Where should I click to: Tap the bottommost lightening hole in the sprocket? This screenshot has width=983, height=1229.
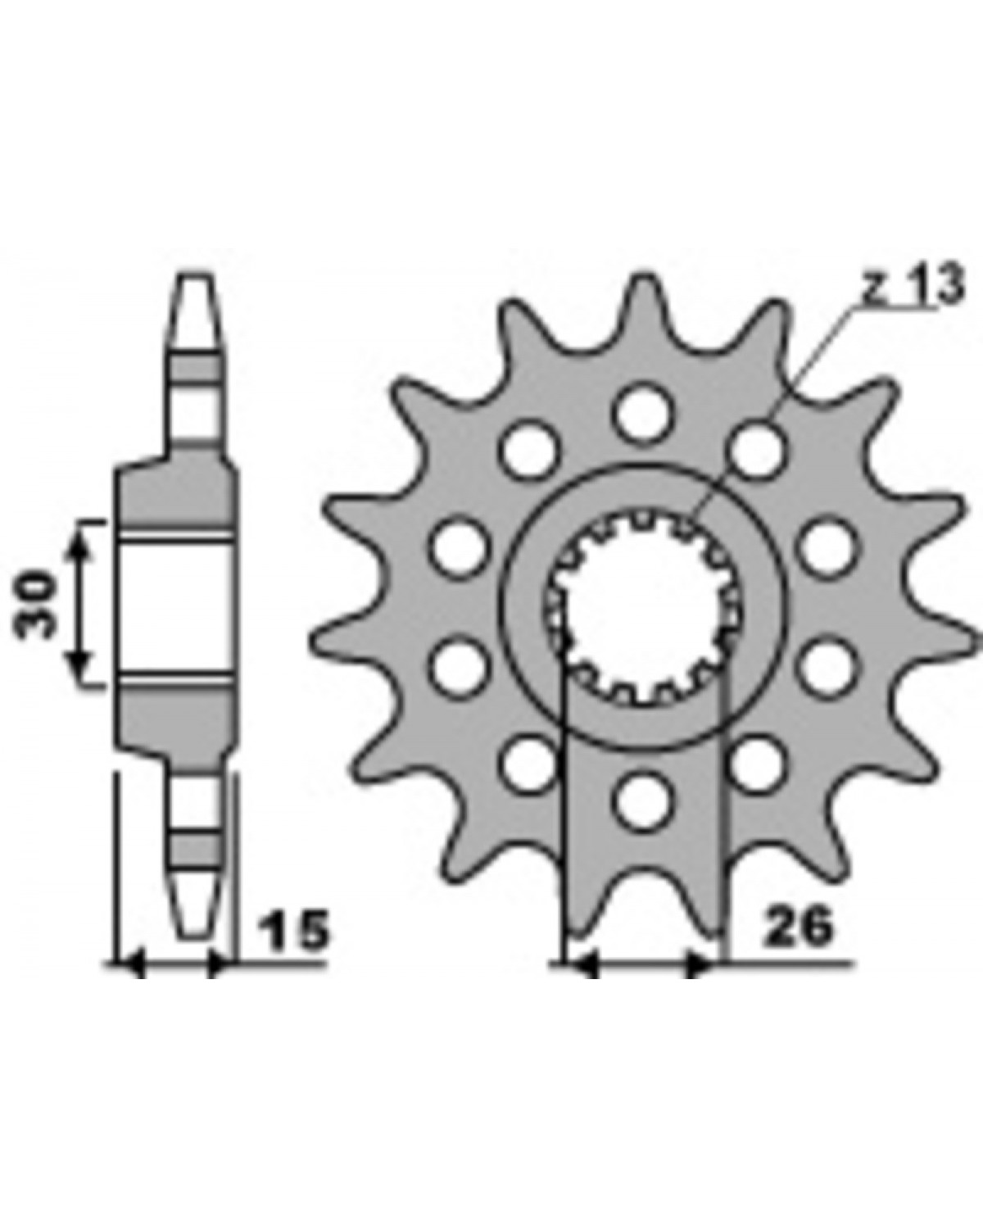(x=644, y=800)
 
